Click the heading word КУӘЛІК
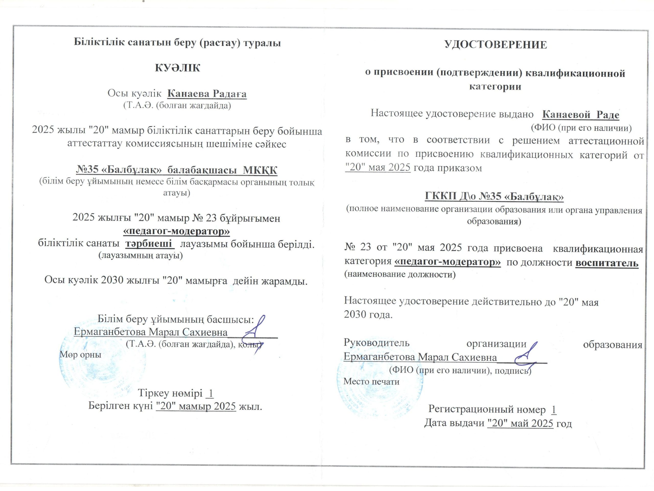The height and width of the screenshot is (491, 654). coord(177,68)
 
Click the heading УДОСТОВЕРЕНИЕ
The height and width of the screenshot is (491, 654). coord(496,44)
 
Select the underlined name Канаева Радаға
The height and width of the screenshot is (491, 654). coord(207,94)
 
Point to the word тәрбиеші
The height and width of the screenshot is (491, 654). coord(149,244)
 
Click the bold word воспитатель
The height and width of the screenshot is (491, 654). coord(607,263)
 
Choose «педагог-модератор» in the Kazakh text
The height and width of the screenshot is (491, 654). coord(176,231)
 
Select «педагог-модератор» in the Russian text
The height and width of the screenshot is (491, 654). coord(447,262)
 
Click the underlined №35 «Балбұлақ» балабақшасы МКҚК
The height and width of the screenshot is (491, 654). coord(177,170)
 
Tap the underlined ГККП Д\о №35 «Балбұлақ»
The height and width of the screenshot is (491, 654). coord(494,196)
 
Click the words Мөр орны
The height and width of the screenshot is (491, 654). coord(80,354)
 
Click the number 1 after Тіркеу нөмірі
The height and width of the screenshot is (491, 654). coord(211,393)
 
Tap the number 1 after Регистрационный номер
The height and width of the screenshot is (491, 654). coord(554,410)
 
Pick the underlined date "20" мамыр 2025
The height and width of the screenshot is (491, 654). coord(196,406)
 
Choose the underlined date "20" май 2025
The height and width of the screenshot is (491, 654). coord(520,423)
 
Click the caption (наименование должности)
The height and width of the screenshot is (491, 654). coord(400,274)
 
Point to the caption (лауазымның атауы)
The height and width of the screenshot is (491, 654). coord(141,255)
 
